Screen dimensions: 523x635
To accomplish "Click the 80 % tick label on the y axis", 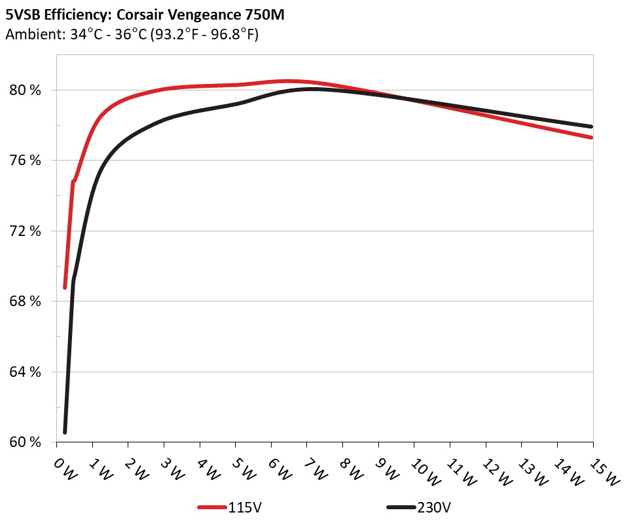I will pyautogui.click(x=26, y=90).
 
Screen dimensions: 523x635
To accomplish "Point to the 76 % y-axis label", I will pyautogui.click(x=26, y=161).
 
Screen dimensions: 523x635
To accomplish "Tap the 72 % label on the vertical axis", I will pyautogui.click(x=26, y=231).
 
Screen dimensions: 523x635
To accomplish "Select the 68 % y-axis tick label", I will pyautogui.click(x=26, y=301).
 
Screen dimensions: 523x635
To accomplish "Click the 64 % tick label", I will pyautogui.click(x=26, y=372).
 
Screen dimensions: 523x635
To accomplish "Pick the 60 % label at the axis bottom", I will pyautogui.click(x=26, y=442).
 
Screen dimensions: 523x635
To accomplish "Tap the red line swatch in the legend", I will pyautogui.click(x=213, y=508).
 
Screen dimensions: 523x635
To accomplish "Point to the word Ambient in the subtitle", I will pyautogui.click(x=30, y=34).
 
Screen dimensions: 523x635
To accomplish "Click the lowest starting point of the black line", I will pyautogui.click(x=65, y=432).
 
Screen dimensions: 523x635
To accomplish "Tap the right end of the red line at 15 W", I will pyautogui.click(x=592, y=138).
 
